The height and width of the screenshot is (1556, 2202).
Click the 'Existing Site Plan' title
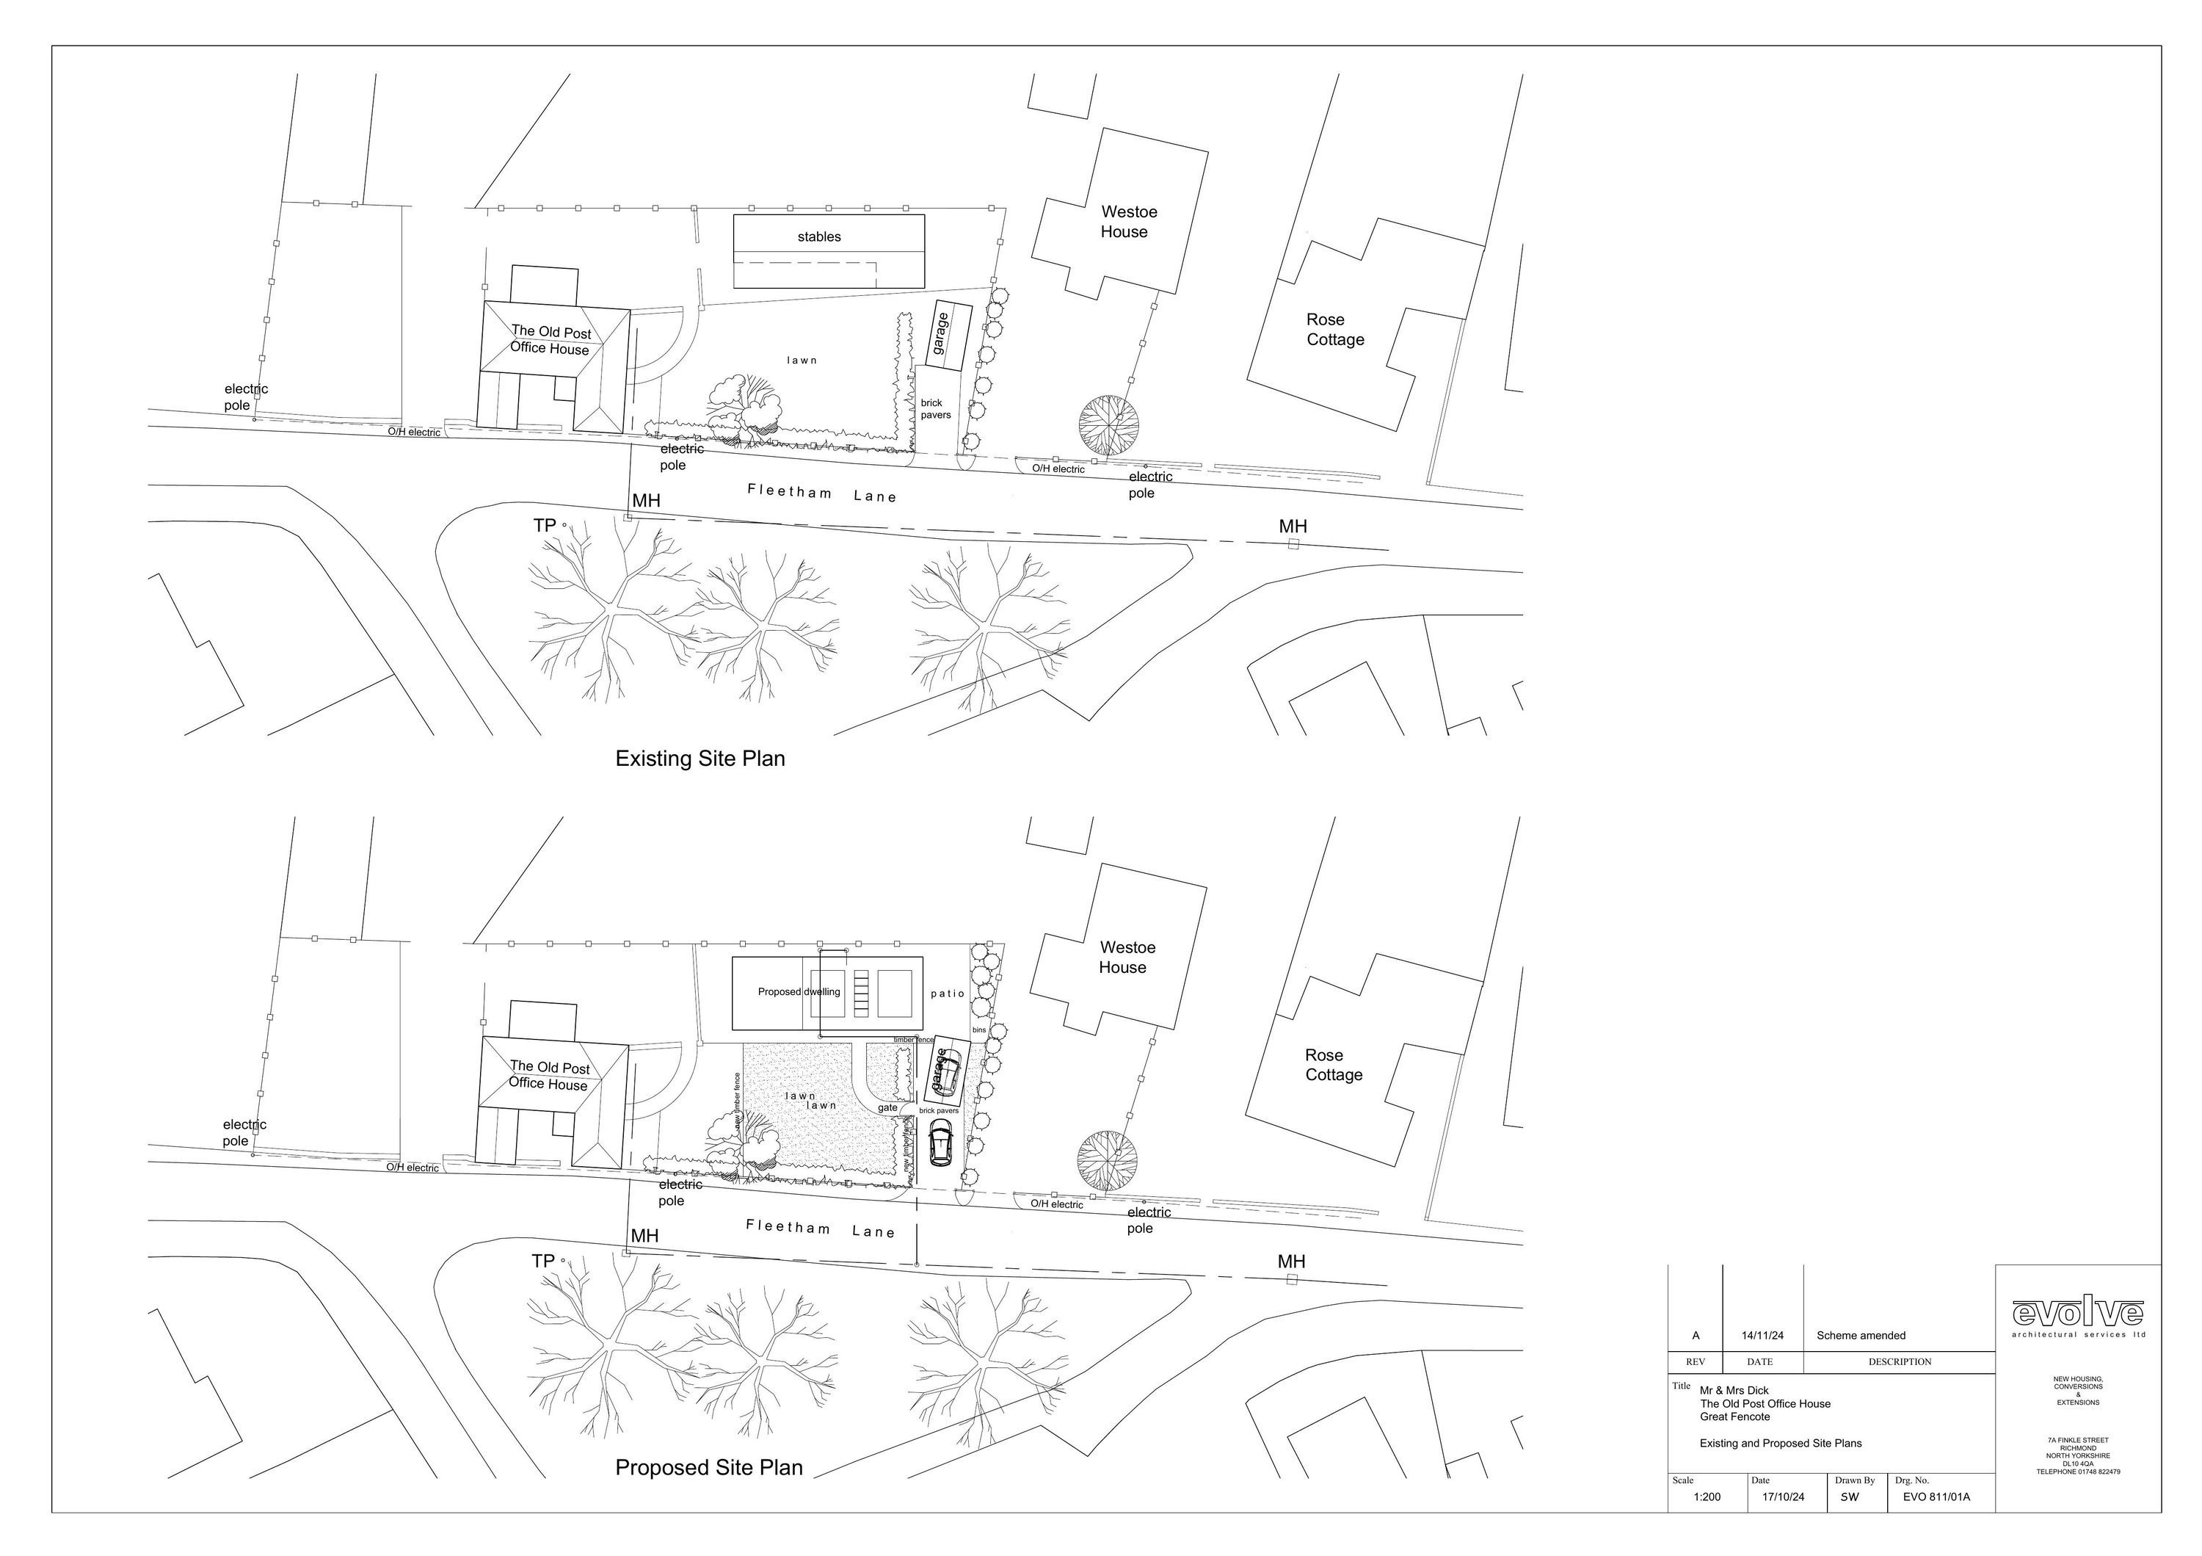pos(700,759)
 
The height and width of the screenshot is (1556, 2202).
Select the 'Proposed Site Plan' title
pos(709,1468)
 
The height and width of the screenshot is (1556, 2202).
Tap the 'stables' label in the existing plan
pos(819,237)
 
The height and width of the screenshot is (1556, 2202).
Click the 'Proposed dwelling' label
pos(799,992)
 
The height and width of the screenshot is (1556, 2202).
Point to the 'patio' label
pos(948,994)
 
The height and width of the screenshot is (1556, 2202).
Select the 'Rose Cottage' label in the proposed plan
pos(1333,1065)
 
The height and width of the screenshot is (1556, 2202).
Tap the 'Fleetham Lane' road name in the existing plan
pos(822,494)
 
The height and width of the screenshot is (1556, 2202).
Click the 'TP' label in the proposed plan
pos(543,1262)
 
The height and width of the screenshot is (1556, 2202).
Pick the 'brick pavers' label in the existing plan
pos(935,409)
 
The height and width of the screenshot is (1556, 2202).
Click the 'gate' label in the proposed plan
pos(887,1108)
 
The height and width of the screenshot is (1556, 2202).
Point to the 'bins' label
pos(978,1030)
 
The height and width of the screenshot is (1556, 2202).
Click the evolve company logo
pos(2077,1313)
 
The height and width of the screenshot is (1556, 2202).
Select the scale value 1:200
pos(1707,1497)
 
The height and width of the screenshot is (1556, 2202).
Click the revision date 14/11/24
pos(1763,1336)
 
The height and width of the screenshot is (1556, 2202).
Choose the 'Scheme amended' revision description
pos(1861,1336)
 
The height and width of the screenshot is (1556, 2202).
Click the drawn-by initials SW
pos(1849,1497)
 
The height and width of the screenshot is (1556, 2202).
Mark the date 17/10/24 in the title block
pos(1783,1497)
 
